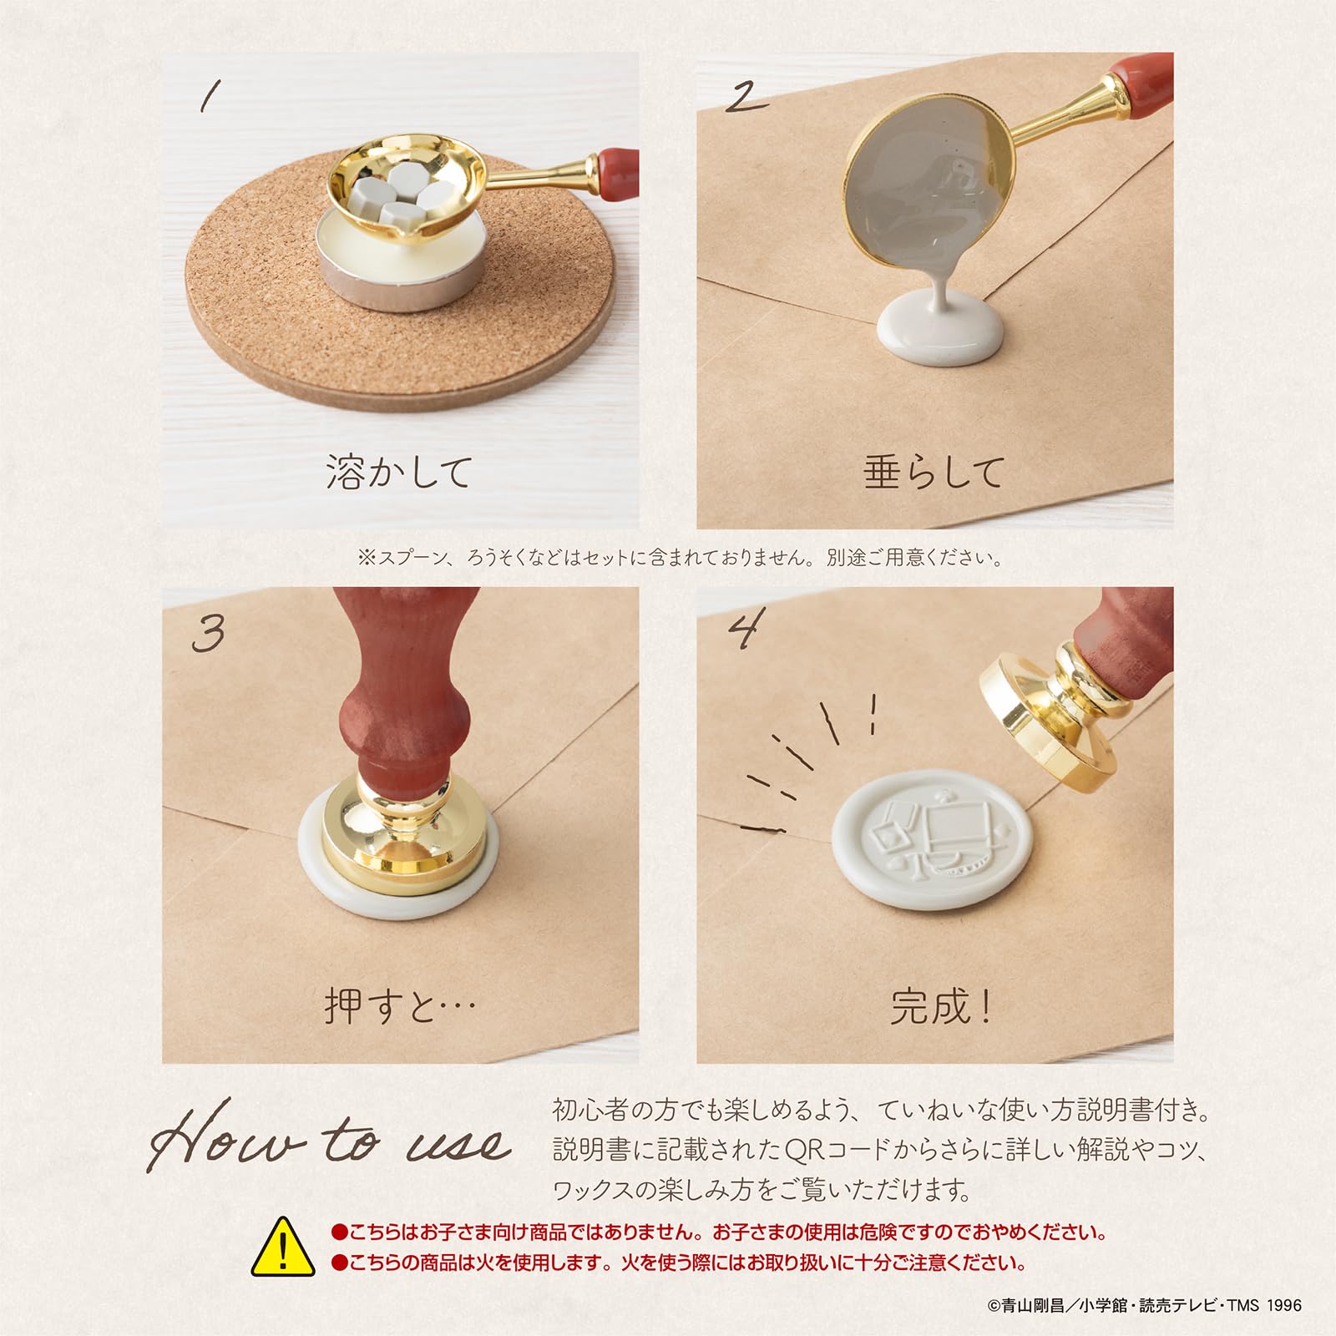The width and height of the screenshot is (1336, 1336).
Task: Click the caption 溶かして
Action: (399, 473)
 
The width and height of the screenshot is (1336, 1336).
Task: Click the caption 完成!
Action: (939, 1007)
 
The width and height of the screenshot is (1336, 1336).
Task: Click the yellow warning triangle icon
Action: (284, 1247)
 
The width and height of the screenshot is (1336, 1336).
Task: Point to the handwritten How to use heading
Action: (330, 1136)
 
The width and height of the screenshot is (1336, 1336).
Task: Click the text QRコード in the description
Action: (838, 1150)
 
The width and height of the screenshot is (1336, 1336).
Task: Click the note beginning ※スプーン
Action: (680, 557)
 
